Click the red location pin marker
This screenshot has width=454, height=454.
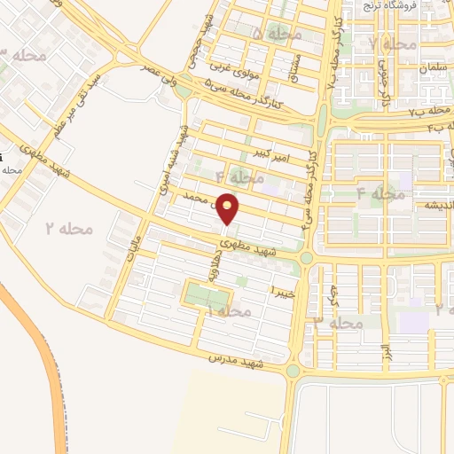pos(229,209)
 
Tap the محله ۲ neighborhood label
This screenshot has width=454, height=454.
pos(68,229)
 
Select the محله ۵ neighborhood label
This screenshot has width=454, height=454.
pos(277,34)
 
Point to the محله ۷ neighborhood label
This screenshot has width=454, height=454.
pos(393,43)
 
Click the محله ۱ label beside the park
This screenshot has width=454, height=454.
pos(227,310)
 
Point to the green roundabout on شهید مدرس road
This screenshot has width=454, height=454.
pos(293,369)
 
